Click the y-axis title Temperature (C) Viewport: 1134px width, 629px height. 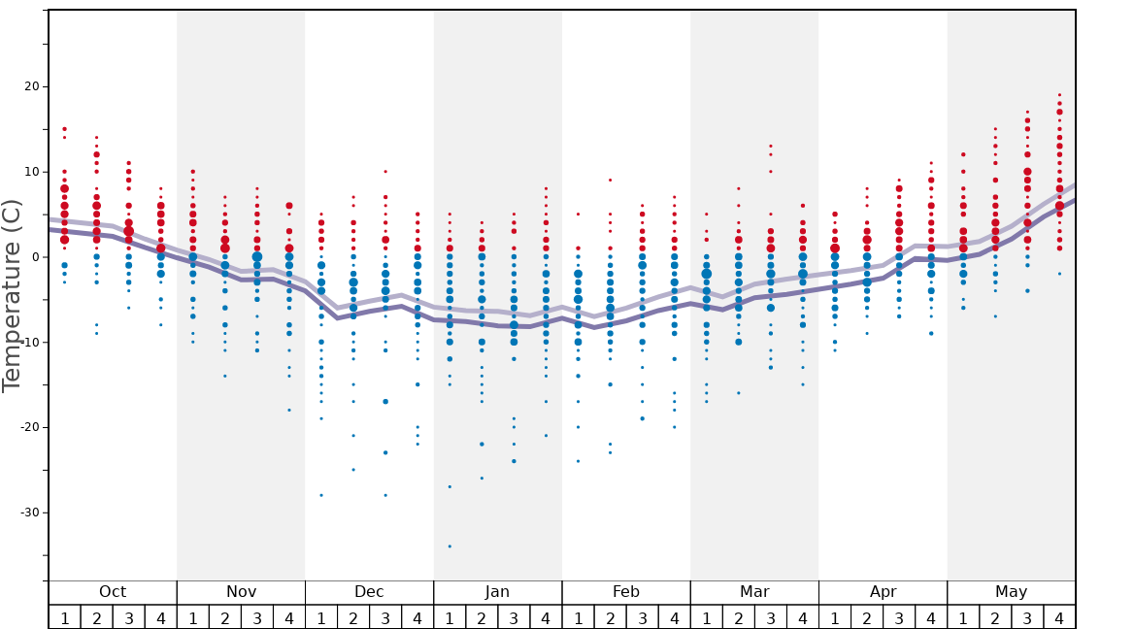(12, 295)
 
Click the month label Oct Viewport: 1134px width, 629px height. (113, 592)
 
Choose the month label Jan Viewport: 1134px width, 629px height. (497, 592)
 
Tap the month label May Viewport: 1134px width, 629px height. (1011, 592)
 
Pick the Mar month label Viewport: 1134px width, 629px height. (754, 592)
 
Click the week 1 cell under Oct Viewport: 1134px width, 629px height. (64, 617)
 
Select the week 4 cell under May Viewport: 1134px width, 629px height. (1059, 617)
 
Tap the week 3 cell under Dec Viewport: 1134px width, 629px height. (385, 617)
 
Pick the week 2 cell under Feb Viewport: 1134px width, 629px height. (610, 617)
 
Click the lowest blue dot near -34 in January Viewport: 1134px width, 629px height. (450, 546)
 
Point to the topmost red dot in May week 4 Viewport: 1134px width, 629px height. (1059, 95)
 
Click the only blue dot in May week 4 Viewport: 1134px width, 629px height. (1059, 274)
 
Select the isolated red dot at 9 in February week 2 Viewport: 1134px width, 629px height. (610, 180)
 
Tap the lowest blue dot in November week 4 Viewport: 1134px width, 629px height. (289, 411)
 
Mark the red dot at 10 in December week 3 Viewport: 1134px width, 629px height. (385, 172)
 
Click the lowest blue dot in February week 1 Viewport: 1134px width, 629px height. (578, 461)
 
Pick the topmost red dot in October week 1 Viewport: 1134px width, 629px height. (64, 129)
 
